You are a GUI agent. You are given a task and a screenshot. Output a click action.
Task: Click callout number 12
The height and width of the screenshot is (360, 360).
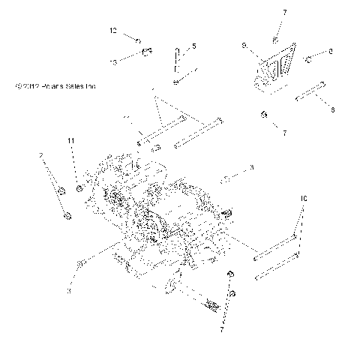(114, 31)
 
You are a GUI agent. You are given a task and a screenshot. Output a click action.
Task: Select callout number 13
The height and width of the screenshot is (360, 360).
(114, 63)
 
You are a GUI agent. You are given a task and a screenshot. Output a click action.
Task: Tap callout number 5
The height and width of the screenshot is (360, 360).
(193, 46)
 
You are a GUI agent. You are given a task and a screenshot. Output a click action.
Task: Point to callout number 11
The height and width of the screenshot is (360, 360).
(72, 141)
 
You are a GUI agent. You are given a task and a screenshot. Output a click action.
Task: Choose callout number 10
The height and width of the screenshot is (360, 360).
(304, 199)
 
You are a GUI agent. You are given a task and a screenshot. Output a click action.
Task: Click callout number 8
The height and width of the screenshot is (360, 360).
(332, 109)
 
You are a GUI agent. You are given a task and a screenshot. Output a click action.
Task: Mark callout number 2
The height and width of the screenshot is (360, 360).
(41, 155)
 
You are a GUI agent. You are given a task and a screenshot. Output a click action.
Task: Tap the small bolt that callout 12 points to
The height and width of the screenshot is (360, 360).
(139, 39)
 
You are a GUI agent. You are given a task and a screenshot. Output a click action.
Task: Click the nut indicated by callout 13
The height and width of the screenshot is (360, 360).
(148, 52)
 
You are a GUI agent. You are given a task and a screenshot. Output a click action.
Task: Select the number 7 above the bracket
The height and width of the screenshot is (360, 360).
(283, 13)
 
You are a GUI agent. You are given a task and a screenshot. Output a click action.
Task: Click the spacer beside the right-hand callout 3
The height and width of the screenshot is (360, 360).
(225, 180)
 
